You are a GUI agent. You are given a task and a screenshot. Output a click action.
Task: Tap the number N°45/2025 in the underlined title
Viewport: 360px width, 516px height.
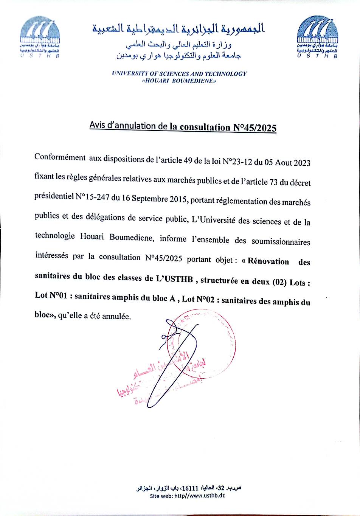(x=253, y=127)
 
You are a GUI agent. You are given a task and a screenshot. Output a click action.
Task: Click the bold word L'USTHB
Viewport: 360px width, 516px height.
(x=174, y=279)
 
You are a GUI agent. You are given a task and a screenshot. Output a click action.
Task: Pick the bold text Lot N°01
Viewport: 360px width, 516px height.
(x=51, y=295)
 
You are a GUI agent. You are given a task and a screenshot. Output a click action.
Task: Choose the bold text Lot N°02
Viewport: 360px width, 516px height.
(x=198, y=299)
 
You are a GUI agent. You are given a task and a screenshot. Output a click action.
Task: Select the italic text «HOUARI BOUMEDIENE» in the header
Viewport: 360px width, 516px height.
(x=178, y=81)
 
